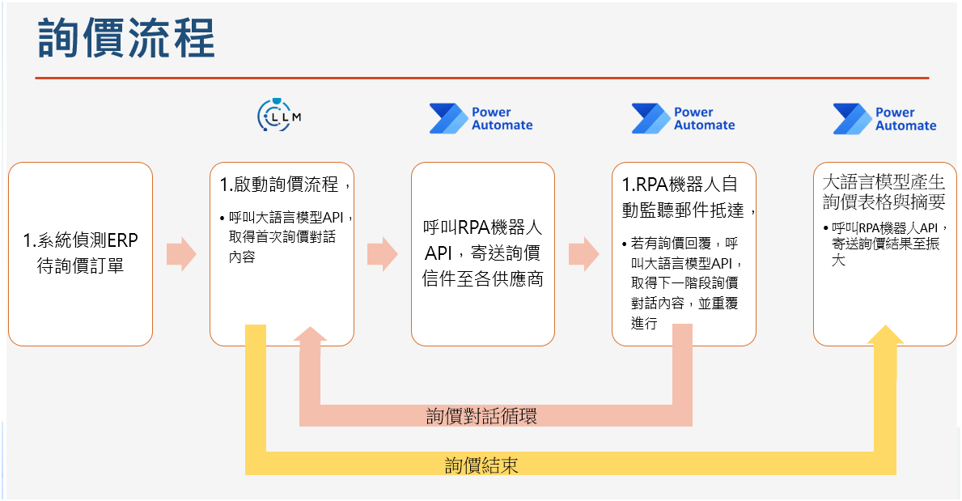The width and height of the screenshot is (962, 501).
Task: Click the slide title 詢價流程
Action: (x=126, y=38)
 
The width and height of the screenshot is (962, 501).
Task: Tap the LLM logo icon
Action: (x=279, y=115)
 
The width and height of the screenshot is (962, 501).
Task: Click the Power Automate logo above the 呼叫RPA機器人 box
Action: (x=481, y=118)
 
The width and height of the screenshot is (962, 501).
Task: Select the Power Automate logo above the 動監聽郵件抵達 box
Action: (x=683, y=118)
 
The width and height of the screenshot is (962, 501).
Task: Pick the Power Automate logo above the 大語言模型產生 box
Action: (x=884, y=118)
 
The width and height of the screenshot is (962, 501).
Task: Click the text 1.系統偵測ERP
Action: (x=80, y=240)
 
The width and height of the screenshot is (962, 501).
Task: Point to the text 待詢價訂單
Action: (x=80, y=265)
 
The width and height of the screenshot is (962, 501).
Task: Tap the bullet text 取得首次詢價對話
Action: (x=282, y=237)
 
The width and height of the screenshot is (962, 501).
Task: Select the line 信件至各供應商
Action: (x=482, y=278)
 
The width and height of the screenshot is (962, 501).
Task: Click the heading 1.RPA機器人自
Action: (x=679, y=184)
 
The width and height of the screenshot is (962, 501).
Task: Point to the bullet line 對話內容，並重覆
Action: (x=684, y=303)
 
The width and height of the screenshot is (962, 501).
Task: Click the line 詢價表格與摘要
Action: (x=884, y=202)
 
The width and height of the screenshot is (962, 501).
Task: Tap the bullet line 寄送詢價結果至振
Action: (x=885, y=244)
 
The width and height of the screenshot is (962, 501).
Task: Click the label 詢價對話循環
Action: (x=481, y=416)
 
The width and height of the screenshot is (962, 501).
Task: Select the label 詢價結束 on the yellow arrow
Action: (x=481, y=465)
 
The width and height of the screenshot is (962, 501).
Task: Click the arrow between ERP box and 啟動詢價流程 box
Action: (x=181, y=254)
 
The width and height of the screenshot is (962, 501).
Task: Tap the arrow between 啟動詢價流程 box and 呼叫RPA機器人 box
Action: (x=383, y=254)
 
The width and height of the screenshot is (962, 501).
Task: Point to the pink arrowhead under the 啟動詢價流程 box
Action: (x=310, y=334)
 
